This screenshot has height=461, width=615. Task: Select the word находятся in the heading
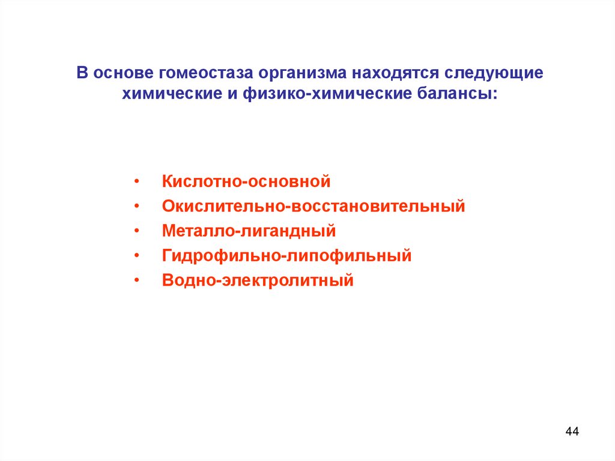396,73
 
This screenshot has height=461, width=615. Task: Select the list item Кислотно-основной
246,181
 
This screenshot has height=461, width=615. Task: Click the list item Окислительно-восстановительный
314,206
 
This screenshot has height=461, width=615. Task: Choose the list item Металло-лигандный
249,231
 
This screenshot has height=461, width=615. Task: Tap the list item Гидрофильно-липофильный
286,256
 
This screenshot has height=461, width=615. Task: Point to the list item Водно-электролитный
258,281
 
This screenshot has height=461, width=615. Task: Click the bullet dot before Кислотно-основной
138,182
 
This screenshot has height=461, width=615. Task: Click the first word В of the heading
82,73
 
